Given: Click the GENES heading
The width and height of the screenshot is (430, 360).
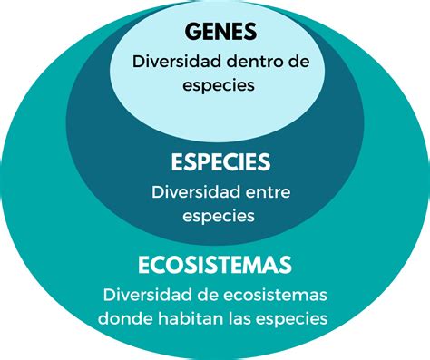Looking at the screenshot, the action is tap(220, 32).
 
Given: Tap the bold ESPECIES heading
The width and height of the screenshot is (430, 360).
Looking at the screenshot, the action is tap(220, 162).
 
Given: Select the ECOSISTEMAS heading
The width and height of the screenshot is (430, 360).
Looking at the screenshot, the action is tap(215, 265).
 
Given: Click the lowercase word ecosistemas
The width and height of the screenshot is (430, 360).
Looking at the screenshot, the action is tap(271, 296).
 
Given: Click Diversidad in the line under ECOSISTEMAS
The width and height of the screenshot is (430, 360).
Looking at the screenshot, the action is tap(146, 296).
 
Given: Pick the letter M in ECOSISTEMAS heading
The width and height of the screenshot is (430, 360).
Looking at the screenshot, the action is tap(260, 265).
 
